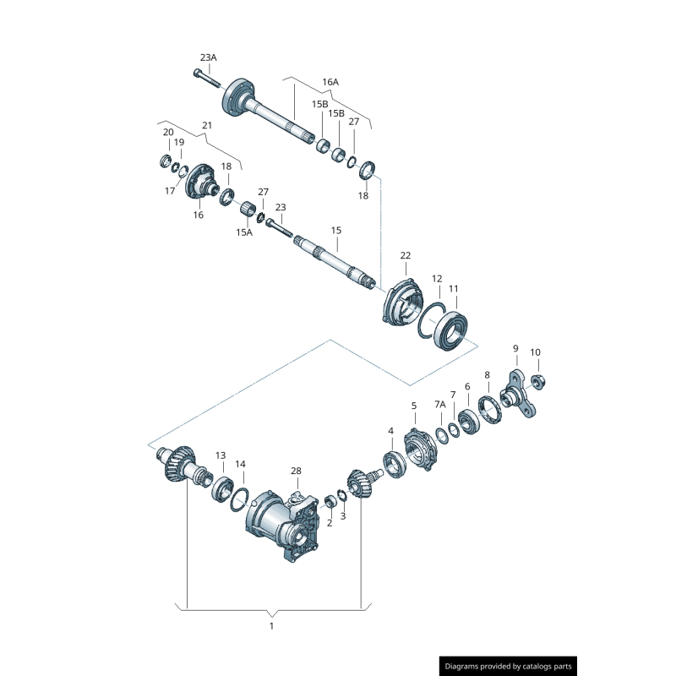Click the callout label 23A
coord(208,57)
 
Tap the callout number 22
coord(406,255)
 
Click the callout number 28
coord(296,471)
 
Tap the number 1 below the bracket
coord(271,626)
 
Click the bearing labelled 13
coord(222,488)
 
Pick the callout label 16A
coord(330,83)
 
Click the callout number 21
coord(207,126)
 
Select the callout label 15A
coord(244,232)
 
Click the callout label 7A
coord(439,406)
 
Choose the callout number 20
coord(168,132)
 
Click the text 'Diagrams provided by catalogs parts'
coord(509,666)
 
